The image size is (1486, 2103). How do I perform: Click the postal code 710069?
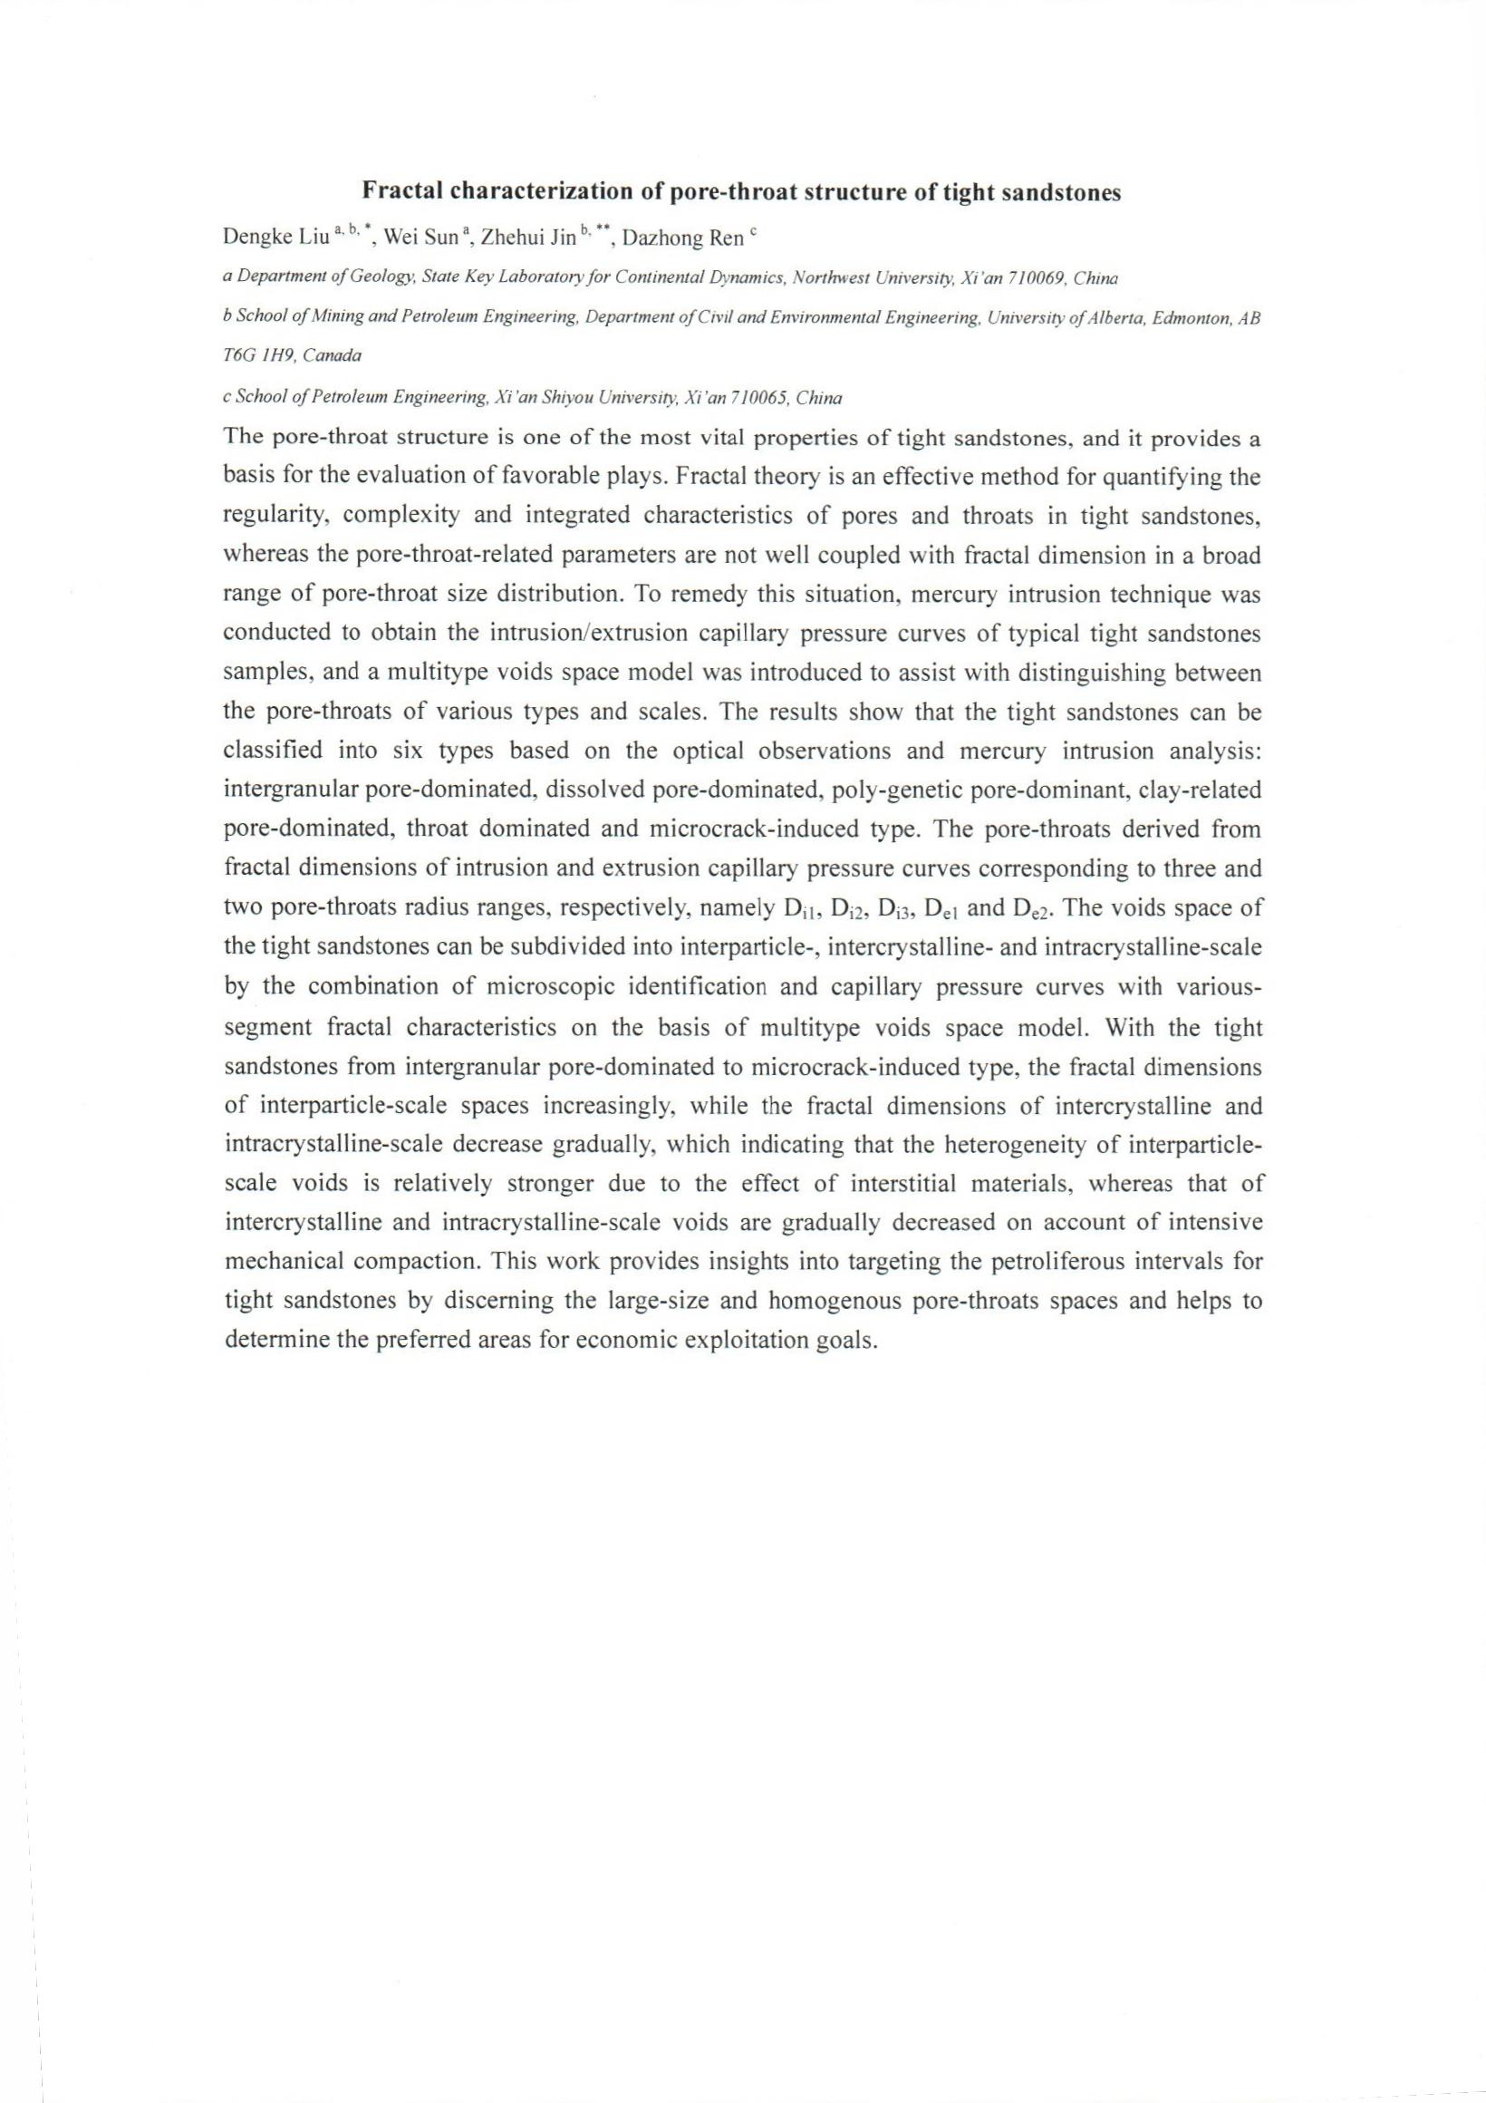click(1037, 276)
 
